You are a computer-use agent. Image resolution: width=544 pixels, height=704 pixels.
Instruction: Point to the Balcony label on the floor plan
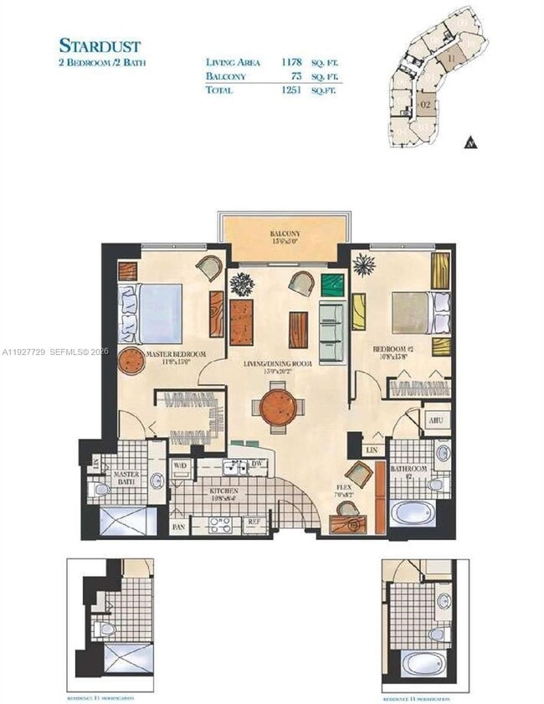[285, 234]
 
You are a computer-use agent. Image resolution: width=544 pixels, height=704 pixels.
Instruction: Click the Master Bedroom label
[176, 354]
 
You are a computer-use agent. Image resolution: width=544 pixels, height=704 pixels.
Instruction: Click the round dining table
[278, 406]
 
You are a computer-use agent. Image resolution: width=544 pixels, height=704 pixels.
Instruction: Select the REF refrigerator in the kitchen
[254, 522]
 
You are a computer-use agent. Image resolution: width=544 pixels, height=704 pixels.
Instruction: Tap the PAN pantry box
[178, 527]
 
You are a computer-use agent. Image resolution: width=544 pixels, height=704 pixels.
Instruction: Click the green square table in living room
[333, 285]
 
